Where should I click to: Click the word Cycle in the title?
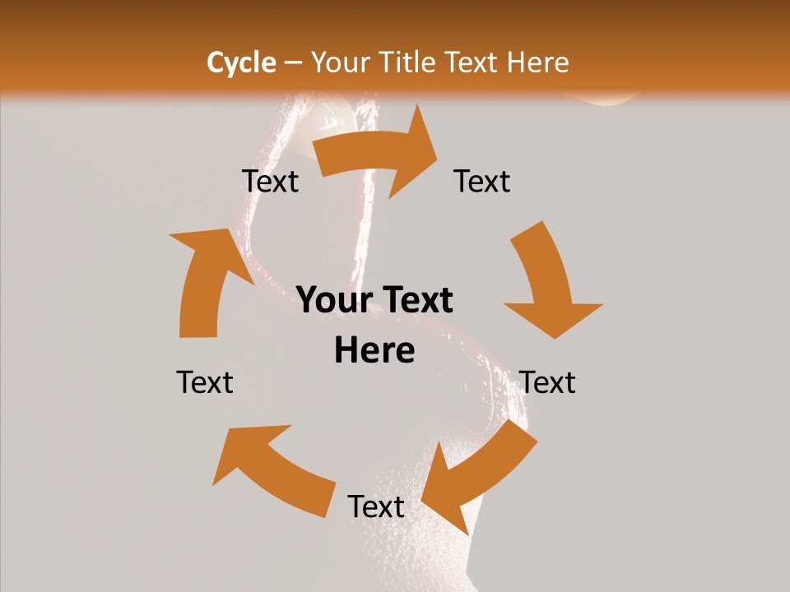pyautogui.click(x=240, y=62)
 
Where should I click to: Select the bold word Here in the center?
pyautogui.click(x=374, y=351)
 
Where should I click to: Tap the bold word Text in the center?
pyautogui.click(x=416, y=300)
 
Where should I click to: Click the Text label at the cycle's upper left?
pyautogui.click(x=271, y=181)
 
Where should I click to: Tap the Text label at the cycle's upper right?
pyautogui.click(x=482, y=181)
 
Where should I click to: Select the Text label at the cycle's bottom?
pyautogui.click(x=376, y=506)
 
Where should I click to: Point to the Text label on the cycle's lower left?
pyautogui.click(x=205, y=382)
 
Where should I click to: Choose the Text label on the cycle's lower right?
pyautogui.click(x=548, y=382)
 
